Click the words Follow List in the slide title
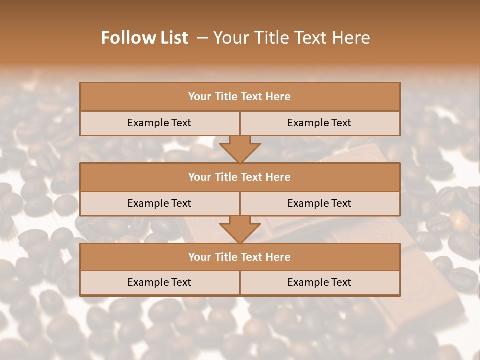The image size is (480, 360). click(144, 38)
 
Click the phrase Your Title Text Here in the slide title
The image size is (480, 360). click(291, 38)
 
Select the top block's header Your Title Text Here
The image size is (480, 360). click(239, 97)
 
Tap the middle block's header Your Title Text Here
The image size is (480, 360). click(239, 177)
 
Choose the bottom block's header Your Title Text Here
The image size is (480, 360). click(239, 257)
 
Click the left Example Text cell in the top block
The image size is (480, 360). click(159, 123)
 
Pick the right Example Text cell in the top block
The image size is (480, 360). click(319, 123)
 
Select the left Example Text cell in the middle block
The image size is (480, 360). click(159, 203)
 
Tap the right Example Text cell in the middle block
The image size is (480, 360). click(319, 203)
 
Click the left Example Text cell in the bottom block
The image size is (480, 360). click(159, 282)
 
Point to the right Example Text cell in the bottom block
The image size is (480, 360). click(319, 282)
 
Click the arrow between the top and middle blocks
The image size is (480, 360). click(240, 149)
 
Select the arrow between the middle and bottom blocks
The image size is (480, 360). click(240, 229)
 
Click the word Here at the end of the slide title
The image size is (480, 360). click(353, 38)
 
